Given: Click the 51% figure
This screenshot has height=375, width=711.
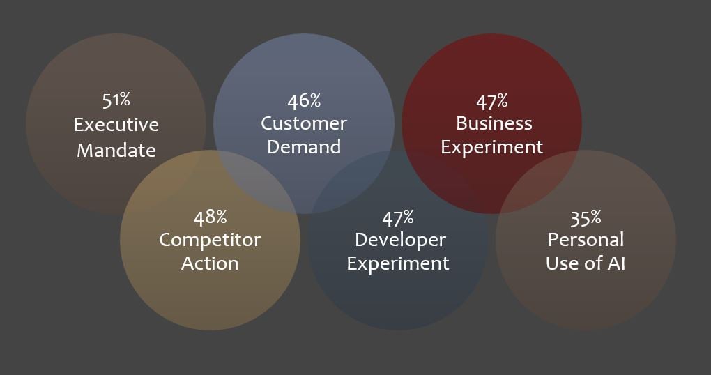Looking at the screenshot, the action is (x=116, y=100).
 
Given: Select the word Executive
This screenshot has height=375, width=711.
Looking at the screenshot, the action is (x=116, y=125).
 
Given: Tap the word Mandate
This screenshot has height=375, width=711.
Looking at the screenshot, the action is (x=116, y=150).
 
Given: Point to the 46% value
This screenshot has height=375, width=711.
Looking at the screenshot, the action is (x=304, y=100).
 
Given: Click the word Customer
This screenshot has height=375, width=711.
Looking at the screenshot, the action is (x=304, y=123).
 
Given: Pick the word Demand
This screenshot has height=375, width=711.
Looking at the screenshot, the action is (x=304, y=147).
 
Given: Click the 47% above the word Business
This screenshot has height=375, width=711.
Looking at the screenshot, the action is (x=491, y=102).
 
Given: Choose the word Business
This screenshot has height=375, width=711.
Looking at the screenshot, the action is (x=494, y=123).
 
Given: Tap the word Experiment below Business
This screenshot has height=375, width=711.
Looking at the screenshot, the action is (x=492, y=147).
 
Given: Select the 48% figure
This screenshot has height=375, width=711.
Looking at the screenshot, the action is (x=210, y=217).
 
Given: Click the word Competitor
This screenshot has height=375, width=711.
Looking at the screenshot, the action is (x=210, y=240).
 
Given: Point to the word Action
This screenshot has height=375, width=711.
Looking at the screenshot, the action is (x=210, y=263).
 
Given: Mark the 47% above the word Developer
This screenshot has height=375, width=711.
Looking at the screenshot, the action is (x=397, y=218).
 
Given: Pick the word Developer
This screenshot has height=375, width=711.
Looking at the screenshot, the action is (x=400, y=240).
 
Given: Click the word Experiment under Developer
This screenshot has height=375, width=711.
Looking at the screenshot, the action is (x=398, y=264).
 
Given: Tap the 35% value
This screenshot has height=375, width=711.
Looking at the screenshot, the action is (x=586, y=218).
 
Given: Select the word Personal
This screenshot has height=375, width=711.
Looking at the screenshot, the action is (x=586, y=240).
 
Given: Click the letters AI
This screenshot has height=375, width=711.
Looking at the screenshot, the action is (x=616, y=263).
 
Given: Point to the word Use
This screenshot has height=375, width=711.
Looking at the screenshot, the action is (x=561, y=263).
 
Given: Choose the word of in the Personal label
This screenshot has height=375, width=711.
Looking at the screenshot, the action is (x=592, y=263).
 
